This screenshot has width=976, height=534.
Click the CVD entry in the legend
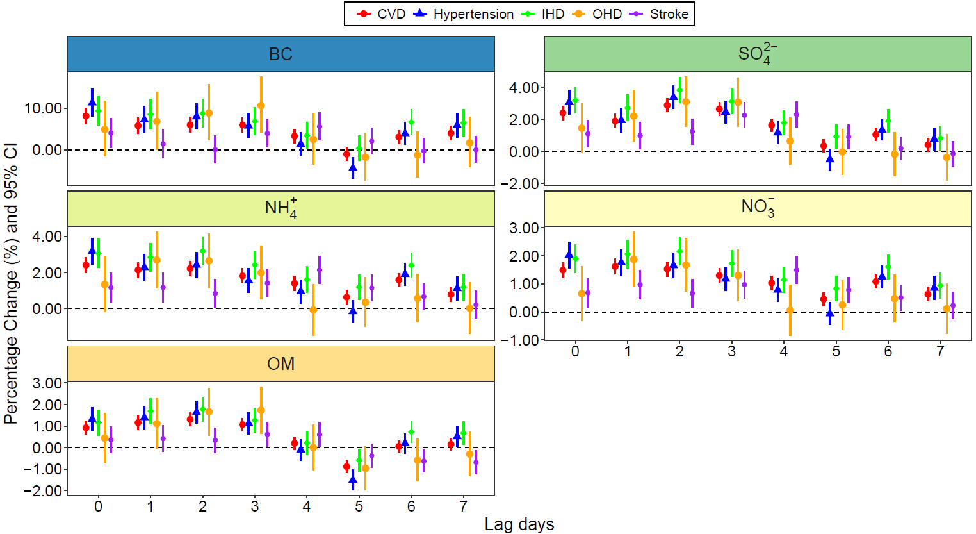click(x=382, y=14)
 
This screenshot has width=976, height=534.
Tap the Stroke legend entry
click(x=660, y=14)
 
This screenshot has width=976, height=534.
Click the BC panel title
click(x=281, y=54)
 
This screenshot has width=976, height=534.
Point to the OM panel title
click(x=281, y=364)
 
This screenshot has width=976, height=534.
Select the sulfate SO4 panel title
click(x=758, y=54)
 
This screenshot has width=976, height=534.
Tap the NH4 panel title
click(x=281, y=208)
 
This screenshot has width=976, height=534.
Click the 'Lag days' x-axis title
click(x=519, y=524)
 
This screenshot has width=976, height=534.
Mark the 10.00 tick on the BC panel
click(x=43, y=108)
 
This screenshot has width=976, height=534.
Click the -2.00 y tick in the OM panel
click(x=45, y=491)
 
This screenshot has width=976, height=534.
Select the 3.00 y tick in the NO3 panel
click(x=523, y=228)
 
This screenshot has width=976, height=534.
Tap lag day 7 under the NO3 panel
click(x=940, y=351)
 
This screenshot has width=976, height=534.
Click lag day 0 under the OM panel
click(x=98, y=506)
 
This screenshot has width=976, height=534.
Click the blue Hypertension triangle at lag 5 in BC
click(x=353, y=168)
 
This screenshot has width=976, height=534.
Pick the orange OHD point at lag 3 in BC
click(x=261, y=106)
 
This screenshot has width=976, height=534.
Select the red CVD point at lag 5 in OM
click(x=346, y=467)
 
